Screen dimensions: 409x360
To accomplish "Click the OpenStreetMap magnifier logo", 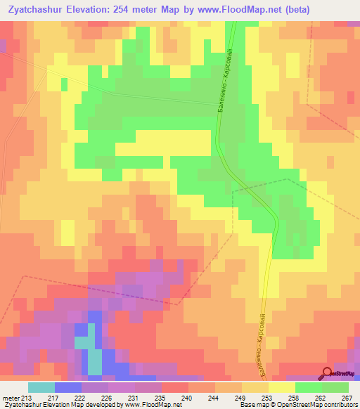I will point(328,374).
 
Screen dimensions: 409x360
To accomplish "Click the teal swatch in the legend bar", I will point(41,387).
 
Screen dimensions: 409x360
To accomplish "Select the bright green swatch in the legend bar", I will point(309,387).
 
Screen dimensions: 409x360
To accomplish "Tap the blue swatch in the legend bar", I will point(68,387).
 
